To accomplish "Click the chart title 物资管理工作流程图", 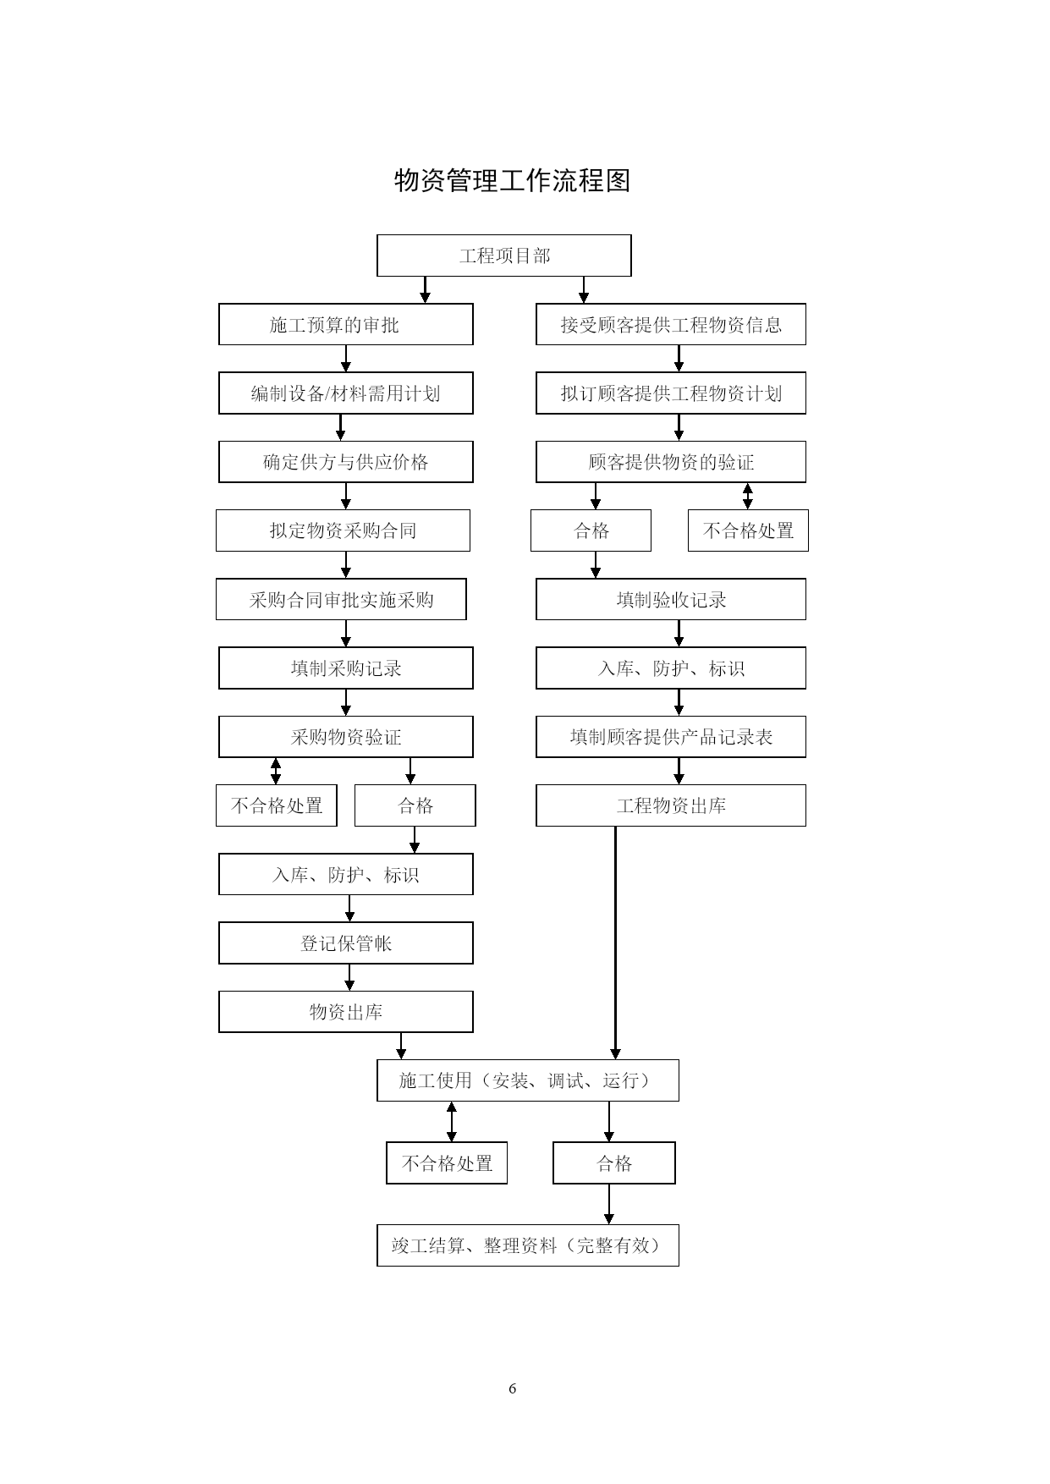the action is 513,180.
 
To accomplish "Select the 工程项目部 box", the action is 504,256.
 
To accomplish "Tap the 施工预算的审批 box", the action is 346,324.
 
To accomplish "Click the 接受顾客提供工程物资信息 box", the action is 671,324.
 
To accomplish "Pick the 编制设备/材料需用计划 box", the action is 346,393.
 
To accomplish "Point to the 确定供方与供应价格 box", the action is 346,462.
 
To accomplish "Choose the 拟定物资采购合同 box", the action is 343,530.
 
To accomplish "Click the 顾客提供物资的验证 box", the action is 671,462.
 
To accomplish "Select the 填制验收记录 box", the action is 671,600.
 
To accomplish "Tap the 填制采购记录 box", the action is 346,668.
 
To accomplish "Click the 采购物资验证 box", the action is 346,737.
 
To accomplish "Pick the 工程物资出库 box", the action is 671,805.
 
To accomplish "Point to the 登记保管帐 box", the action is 346,943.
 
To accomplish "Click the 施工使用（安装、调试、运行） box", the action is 528,1080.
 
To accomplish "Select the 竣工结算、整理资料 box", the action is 528,1245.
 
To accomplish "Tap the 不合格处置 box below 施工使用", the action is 447,1163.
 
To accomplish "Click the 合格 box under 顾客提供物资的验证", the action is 591,530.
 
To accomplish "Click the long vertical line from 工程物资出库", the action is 615,943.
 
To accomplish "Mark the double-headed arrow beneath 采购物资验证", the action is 276,771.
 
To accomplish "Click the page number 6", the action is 513,1388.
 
